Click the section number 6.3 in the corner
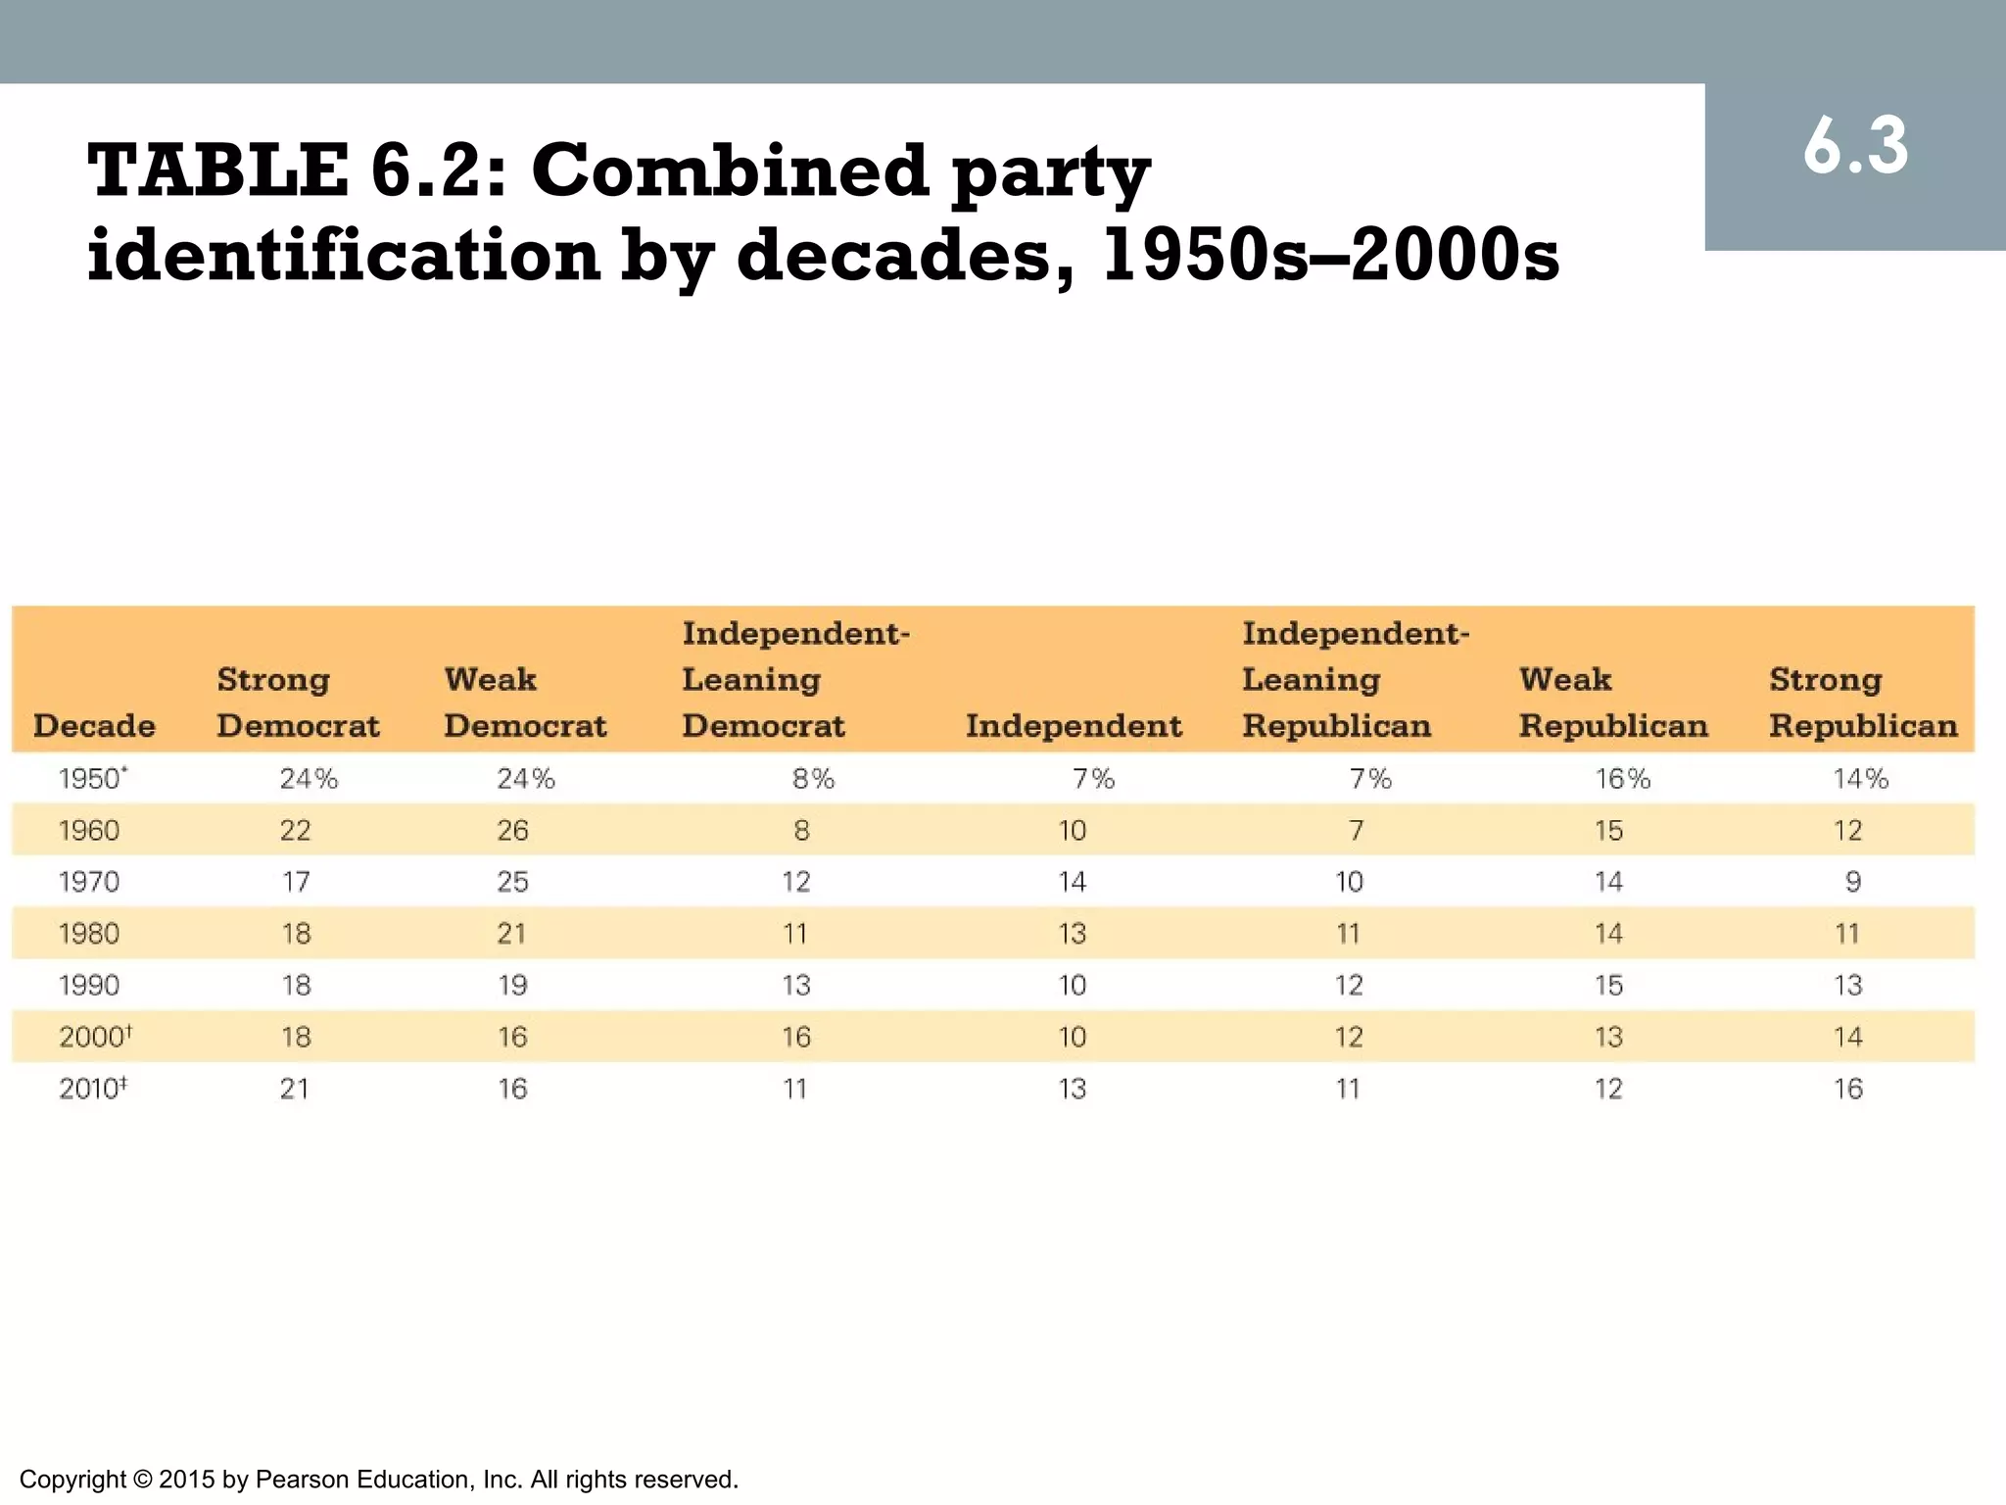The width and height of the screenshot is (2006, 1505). (x=1855, y=147)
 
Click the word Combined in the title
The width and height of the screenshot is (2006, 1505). (x=730, y=170)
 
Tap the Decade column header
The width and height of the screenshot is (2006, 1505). (x=94, y=726)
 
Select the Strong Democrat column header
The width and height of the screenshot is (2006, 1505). (x=298, y=703)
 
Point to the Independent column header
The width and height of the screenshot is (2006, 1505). (x=1074, y=726)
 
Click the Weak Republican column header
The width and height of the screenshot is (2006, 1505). (x=1612, y=703)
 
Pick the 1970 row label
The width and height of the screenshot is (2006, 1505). (x=89, y=882)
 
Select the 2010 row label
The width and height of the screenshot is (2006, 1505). (x=92, y=1089)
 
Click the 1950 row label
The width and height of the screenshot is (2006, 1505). (x=91, y=779)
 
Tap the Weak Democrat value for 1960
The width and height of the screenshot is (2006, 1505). (x=512, y=831)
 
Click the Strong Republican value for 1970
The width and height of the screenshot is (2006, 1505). (x=1852, y=882)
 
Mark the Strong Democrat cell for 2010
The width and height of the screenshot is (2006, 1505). (x=295, y=1089)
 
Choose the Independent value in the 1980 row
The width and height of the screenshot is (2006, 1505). (x=1073, y=934)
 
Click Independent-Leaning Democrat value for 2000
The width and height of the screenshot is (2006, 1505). (x=796, y=1037)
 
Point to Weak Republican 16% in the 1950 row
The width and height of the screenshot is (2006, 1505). (x=1622, y=779)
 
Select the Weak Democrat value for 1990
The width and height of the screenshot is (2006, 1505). (x=512, y=986)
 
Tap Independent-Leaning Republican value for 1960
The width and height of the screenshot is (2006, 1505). (x=1356, y=831)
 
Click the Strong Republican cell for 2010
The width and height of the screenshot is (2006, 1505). (x=1848, y=1089)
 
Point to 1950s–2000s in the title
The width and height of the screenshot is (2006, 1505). (x=1330, y=256)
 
